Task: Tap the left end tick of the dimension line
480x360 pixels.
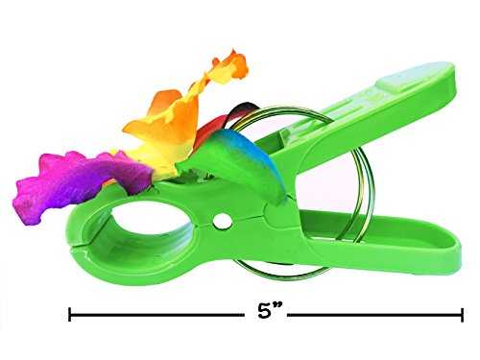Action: click(70, 315)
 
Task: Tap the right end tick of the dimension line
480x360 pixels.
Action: click(462, 315)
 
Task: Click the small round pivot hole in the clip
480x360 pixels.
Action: click(222, 221)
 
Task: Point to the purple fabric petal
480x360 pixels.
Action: click(80, 184)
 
